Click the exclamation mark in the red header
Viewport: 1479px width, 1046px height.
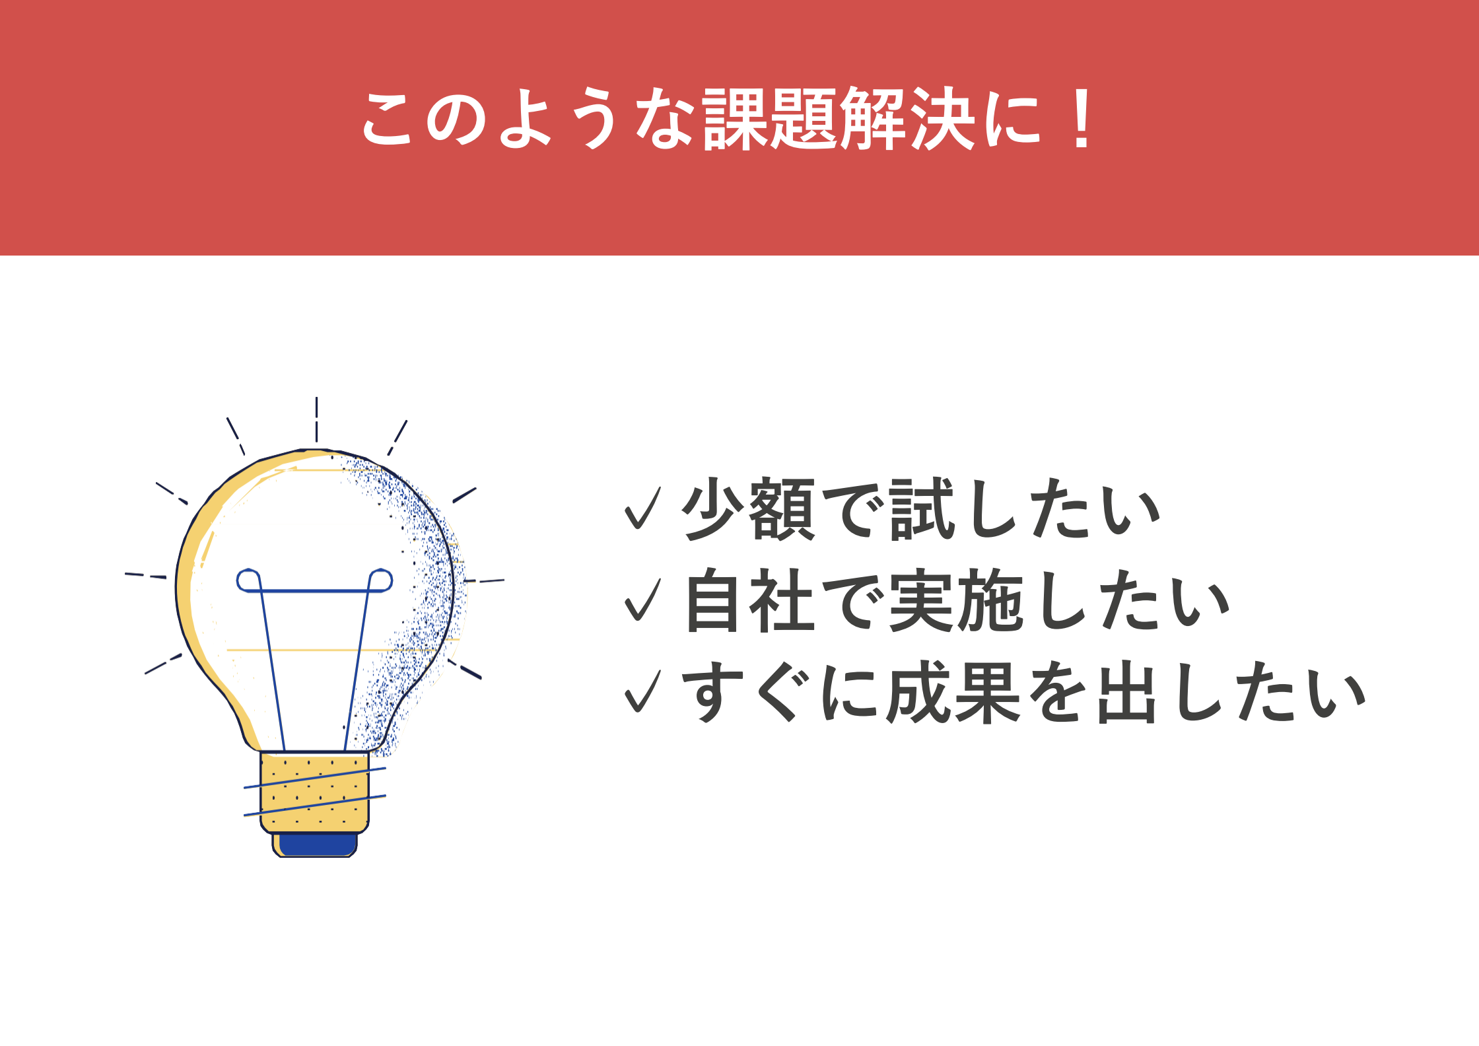(x=1082, y=119)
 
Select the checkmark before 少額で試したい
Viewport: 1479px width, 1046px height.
(x=642, y=509)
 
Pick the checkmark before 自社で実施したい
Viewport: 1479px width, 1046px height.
(x=642, y=600)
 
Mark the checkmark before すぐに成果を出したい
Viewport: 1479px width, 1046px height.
(x=642, y=691)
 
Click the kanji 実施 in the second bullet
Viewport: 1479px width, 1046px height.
(x=956, y=600)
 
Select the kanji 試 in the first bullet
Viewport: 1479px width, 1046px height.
(x=922, y=509)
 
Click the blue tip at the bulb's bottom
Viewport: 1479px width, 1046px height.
(x=315, y=845)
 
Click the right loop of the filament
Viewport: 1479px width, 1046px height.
(x=381, y=580)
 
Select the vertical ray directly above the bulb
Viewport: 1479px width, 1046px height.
(x=316, y=419)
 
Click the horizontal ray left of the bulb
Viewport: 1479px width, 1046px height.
(x=145, y=576)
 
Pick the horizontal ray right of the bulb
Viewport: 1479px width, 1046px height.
(x=485, y=581)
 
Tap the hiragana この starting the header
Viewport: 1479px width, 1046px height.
(x=423, y=119)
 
